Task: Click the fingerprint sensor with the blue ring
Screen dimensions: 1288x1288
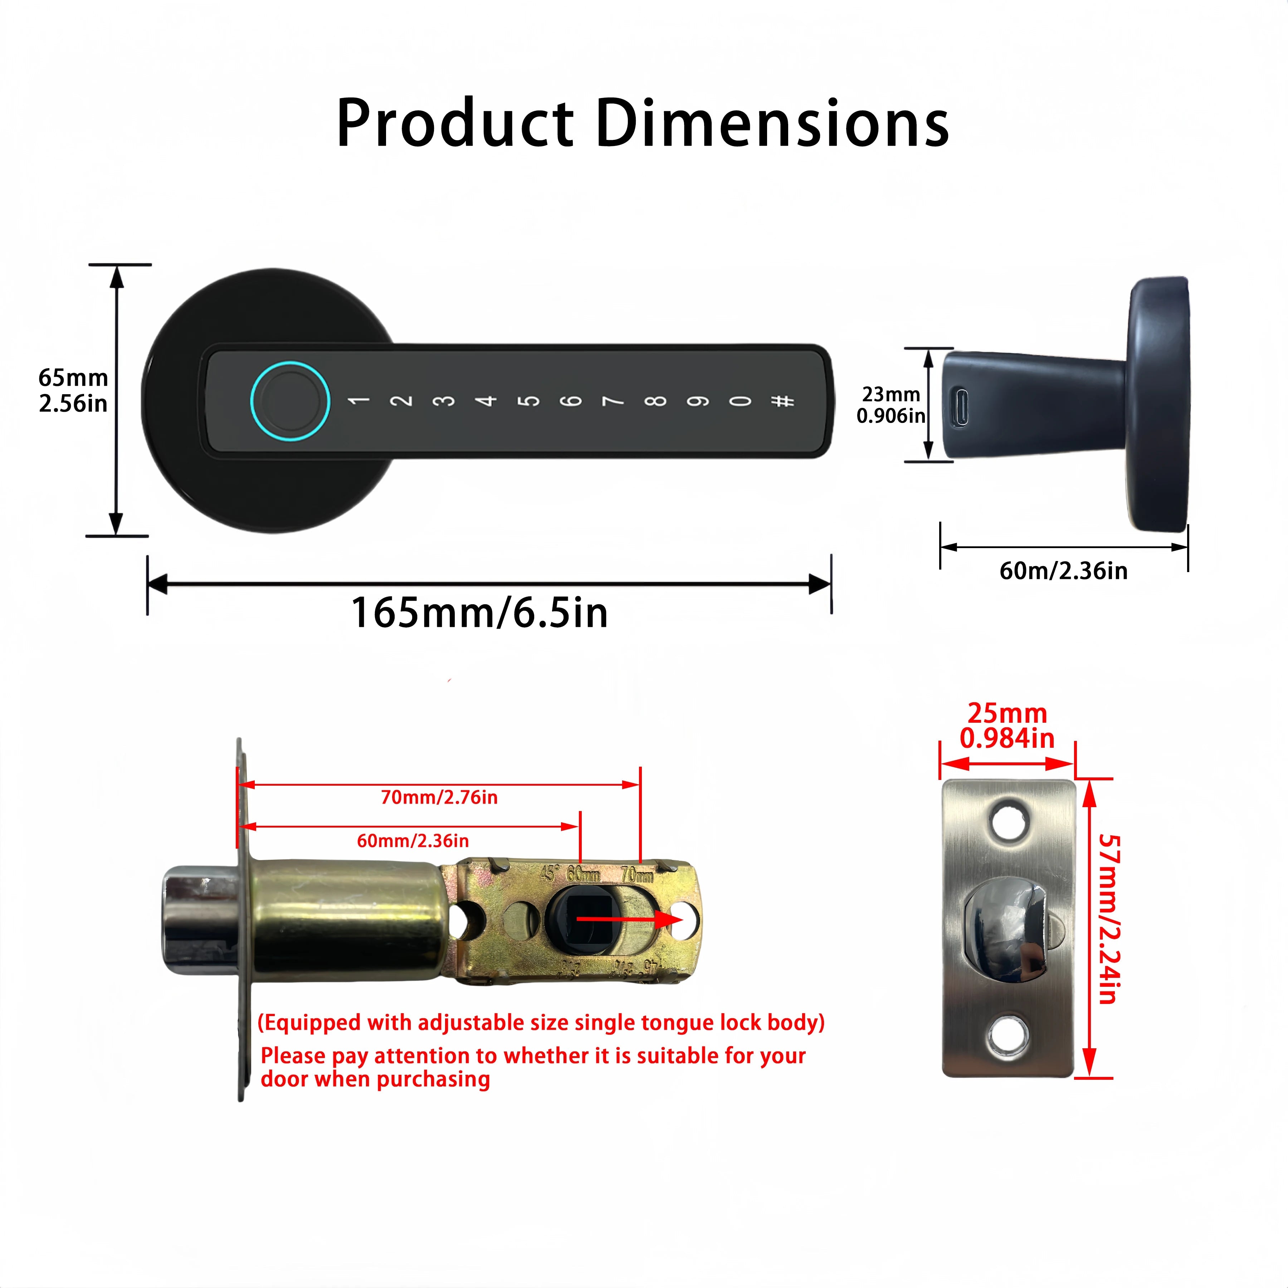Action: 290,401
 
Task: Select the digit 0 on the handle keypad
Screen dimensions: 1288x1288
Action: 740,401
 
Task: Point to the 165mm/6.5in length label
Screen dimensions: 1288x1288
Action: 479,613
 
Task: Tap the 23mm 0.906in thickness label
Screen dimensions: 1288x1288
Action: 891,405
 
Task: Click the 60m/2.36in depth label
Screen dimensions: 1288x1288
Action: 1063,571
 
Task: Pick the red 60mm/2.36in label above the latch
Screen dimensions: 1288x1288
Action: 413,841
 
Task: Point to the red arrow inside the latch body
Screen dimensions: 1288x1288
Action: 627,919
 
